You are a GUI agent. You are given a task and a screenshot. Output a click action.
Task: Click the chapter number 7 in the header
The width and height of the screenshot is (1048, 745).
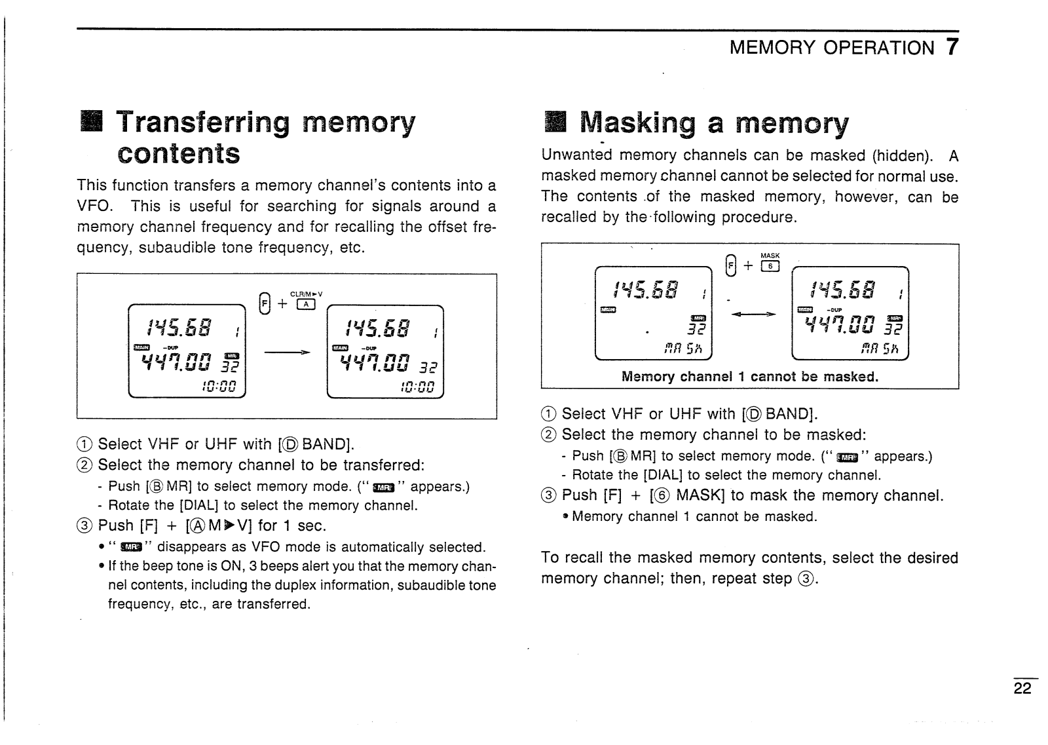tap(951, 47)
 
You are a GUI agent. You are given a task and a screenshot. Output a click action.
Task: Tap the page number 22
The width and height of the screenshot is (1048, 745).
tap(1022, 688)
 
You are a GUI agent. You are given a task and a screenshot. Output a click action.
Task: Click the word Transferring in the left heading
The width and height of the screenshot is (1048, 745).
tap(202, 123)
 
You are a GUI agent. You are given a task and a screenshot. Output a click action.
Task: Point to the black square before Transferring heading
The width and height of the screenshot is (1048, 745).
tap(90, 123)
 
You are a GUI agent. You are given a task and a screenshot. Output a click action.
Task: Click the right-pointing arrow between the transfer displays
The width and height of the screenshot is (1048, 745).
tap(286, 353)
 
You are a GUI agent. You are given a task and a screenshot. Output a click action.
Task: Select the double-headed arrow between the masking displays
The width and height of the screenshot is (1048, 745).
tap(753, 315)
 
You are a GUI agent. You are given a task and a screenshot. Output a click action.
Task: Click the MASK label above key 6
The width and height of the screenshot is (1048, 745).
tap(770, 256)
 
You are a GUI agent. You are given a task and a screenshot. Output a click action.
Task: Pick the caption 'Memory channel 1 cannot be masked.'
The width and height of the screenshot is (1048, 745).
tap(749, 377)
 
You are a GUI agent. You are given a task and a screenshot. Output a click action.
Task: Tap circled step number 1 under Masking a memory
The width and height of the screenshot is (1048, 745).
tap(548, 414)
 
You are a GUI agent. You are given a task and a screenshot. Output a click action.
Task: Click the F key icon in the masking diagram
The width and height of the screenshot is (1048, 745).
tap(730, 265)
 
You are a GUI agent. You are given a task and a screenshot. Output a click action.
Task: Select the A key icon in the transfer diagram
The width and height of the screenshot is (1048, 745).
tap(306, 304)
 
